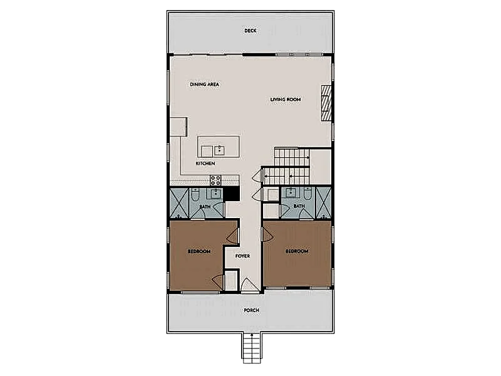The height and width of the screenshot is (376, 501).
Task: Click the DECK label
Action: (x=250, y=31)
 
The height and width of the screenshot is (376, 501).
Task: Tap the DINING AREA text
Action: (x=205, y=85)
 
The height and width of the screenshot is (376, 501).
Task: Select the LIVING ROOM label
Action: (x=286, y=100)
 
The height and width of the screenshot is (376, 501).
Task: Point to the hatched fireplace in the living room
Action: (x=326, y=103)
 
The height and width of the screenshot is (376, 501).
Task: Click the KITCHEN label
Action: (x=205, y=164)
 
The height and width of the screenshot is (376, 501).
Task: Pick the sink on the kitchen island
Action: (x=219, y=150)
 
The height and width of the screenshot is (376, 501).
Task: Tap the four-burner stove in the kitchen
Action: (x=215, y=180)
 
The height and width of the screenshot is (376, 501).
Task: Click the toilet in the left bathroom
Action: (x=195, y=194)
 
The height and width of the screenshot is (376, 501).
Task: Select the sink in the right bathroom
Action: (x=291, y=193)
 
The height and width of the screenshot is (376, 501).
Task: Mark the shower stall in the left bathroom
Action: (x=179, y=203)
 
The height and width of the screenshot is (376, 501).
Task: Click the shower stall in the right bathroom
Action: (x=323, y=203)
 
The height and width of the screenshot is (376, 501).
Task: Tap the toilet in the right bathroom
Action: (x=307, y=194)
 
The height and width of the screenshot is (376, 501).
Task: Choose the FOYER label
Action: (x=242, y=256)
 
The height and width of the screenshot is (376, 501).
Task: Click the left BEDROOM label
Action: (x=199, y=251)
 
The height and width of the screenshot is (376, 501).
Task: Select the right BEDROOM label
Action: (x=297, y=251)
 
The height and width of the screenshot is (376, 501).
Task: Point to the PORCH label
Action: (x=252, y=310)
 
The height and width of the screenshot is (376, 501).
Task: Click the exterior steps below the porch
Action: (x=252, y=348)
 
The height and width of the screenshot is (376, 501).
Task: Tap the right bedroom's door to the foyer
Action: (x=268, y=234)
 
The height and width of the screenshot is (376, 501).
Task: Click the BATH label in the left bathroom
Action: (x=205, y=207)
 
